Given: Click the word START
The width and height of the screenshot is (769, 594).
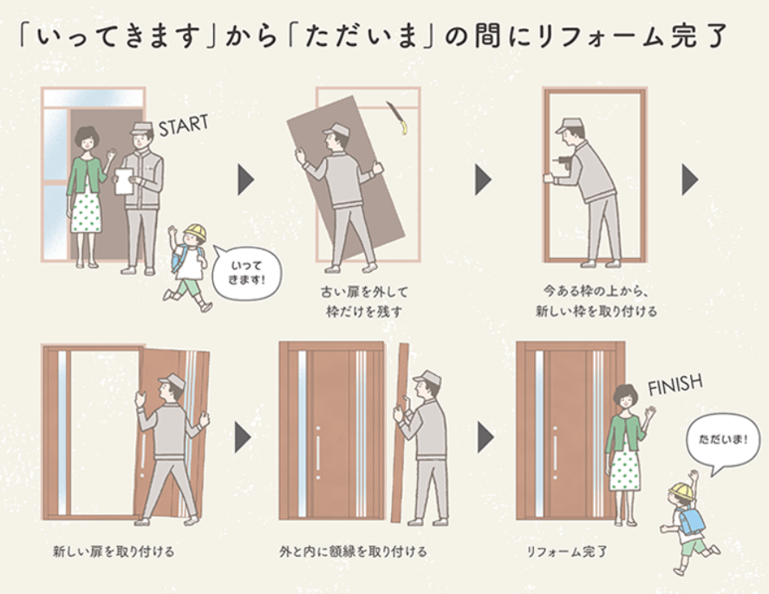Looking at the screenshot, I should tap(184, 125).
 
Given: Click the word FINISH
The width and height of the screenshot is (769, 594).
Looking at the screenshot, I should tap(674, 384).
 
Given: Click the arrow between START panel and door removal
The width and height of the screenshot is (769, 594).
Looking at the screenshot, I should tap(245, 180).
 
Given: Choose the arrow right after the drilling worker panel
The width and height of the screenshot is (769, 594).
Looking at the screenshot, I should tap(689, 180).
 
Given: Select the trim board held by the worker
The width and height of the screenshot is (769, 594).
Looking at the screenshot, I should tap(401, 433).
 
